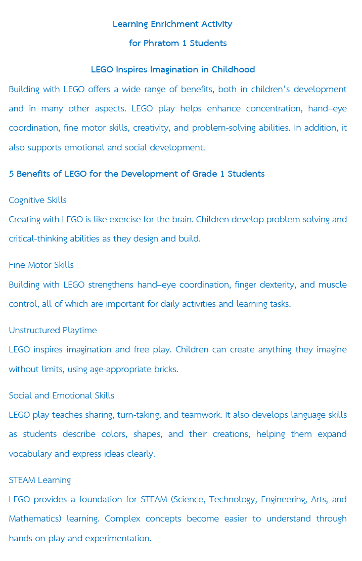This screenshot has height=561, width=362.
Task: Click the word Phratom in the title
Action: (x=160, y=43)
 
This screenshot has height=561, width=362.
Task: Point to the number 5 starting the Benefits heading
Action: (x=11, y=174)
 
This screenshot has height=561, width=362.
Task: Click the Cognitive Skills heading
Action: (x=37, y=200)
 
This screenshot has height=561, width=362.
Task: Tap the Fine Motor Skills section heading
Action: (x=41, y=265)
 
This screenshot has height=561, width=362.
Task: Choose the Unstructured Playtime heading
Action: (x=53, y=330)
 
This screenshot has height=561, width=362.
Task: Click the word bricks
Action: (x=165, y=369)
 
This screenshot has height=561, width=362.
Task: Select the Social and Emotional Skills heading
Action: (x=61, y=395)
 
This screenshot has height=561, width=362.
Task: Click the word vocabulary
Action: (x=30, y=454)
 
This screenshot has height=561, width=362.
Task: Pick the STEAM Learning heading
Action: (x=39, y=480)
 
